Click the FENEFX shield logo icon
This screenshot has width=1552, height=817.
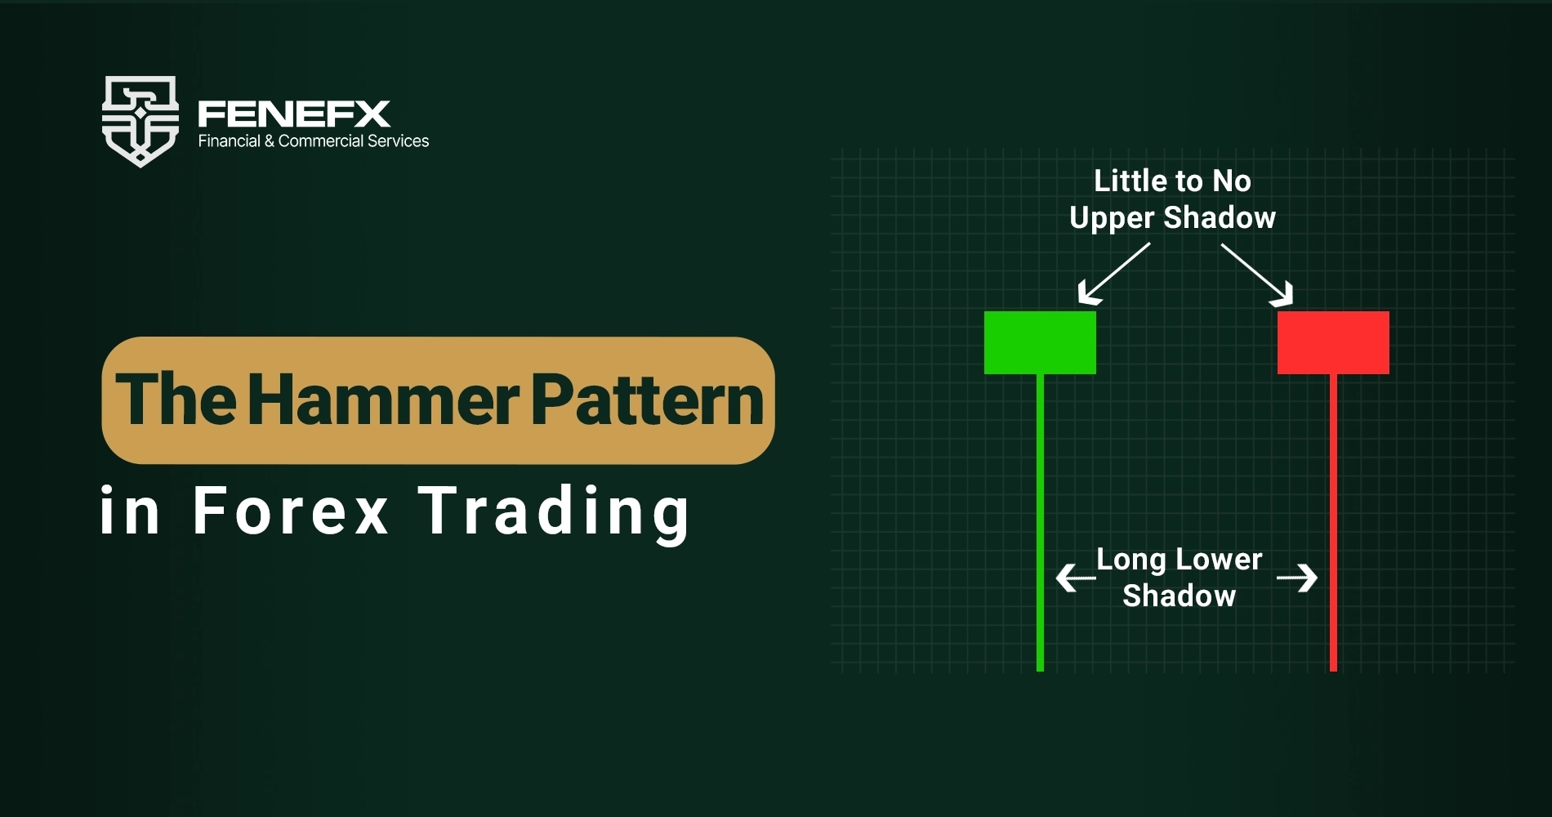pos(140,121)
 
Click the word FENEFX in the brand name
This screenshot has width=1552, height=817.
pos(294,114)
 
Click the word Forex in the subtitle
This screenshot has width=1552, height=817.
pos(291,511)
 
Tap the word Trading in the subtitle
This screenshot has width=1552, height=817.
pos(555,513)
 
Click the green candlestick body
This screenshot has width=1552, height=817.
pos(1040,342)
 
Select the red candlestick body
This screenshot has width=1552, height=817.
pos(1333,342)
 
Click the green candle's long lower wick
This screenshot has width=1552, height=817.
pos(1040,523)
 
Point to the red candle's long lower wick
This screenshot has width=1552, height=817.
pos(1333,523)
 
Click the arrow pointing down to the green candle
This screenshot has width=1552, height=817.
pos(1113,274)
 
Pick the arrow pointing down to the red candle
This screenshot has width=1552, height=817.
pos(1257,275)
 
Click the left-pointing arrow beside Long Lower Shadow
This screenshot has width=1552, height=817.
pos(1076,578)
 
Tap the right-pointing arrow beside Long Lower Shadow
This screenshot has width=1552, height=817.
pos(1297,578)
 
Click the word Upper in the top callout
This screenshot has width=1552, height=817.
pos(1113,218)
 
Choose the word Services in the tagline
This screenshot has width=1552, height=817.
pos(398,141)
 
